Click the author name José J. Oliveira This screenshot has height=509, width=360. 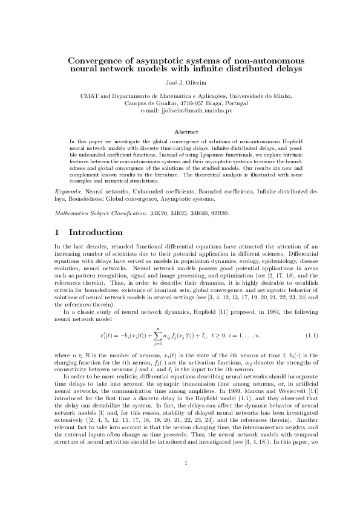pos(180,82)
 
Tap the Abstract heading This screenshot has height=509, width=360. pos(180,131)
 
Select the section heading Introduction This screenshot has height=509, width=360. pos(96,232)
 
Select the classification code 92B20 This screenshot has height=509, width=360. pos(218,213)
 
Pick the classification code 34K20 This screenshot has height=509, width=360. pos(149,213)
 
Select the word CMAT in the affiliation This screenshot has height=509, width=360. pos(89,96)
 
